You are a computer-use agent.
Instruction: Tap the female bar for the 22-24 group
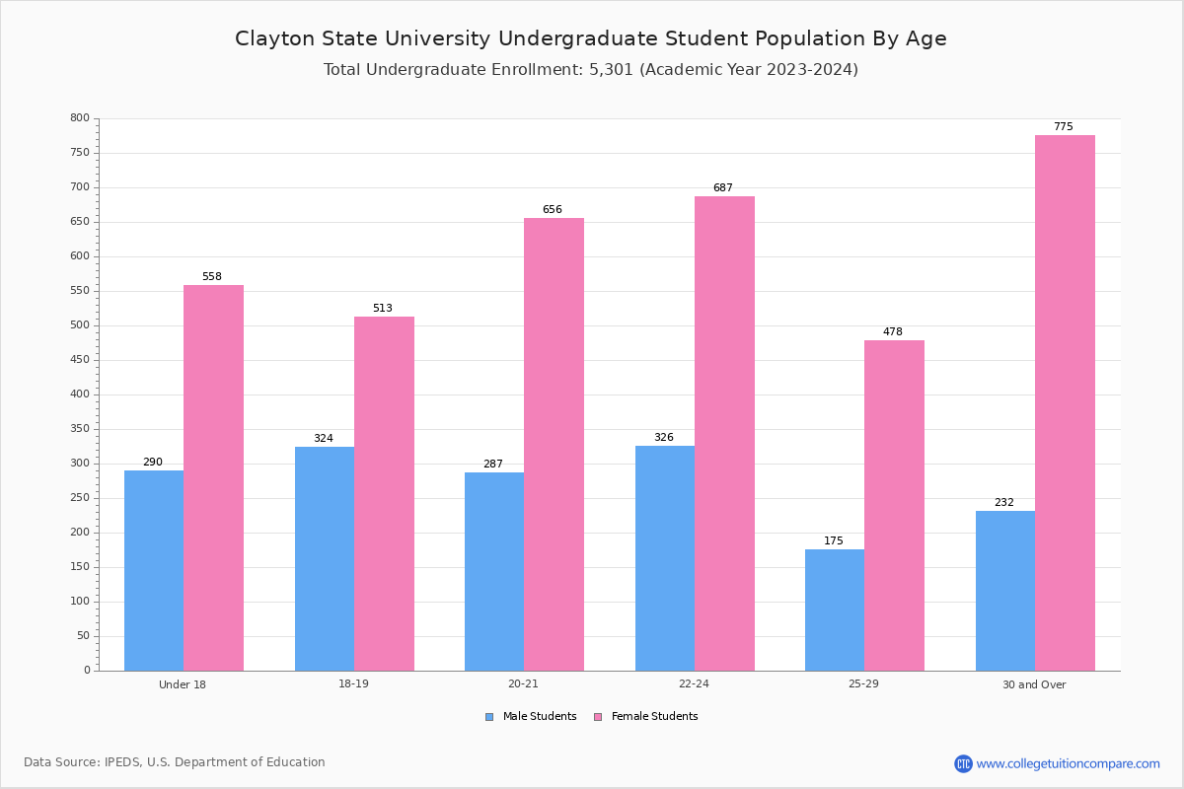[x=724, y=433]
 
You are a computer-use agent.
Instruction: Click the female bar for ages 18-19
[x=384, y=493]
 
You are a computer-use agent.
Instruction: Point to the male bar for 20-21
[x=494, y=571]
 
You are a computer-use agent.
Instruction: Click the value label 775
[x=1063, y=127]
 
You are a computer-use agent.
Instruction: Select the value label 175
[x=834, y=541]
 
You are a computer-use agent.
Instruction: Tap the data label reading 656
[x=552, y=210]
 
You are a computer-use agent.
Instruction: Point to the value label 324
[x=324, y=439]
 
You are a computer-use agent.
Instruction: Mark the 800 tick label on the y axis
[x=80, y=118]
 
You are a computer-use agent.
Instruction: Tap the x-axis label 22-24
[x=694, y=684]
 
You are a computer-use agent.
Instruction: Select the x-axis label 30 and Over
[x=1034, y=684]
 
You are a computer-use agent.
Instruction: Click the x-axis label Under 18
[x=183, y=684]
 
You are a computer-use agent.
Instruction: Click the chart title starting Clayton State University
[x=590, y=38]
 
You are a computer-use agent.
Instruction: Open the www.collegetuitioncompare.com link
[x=1068, y=763]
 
